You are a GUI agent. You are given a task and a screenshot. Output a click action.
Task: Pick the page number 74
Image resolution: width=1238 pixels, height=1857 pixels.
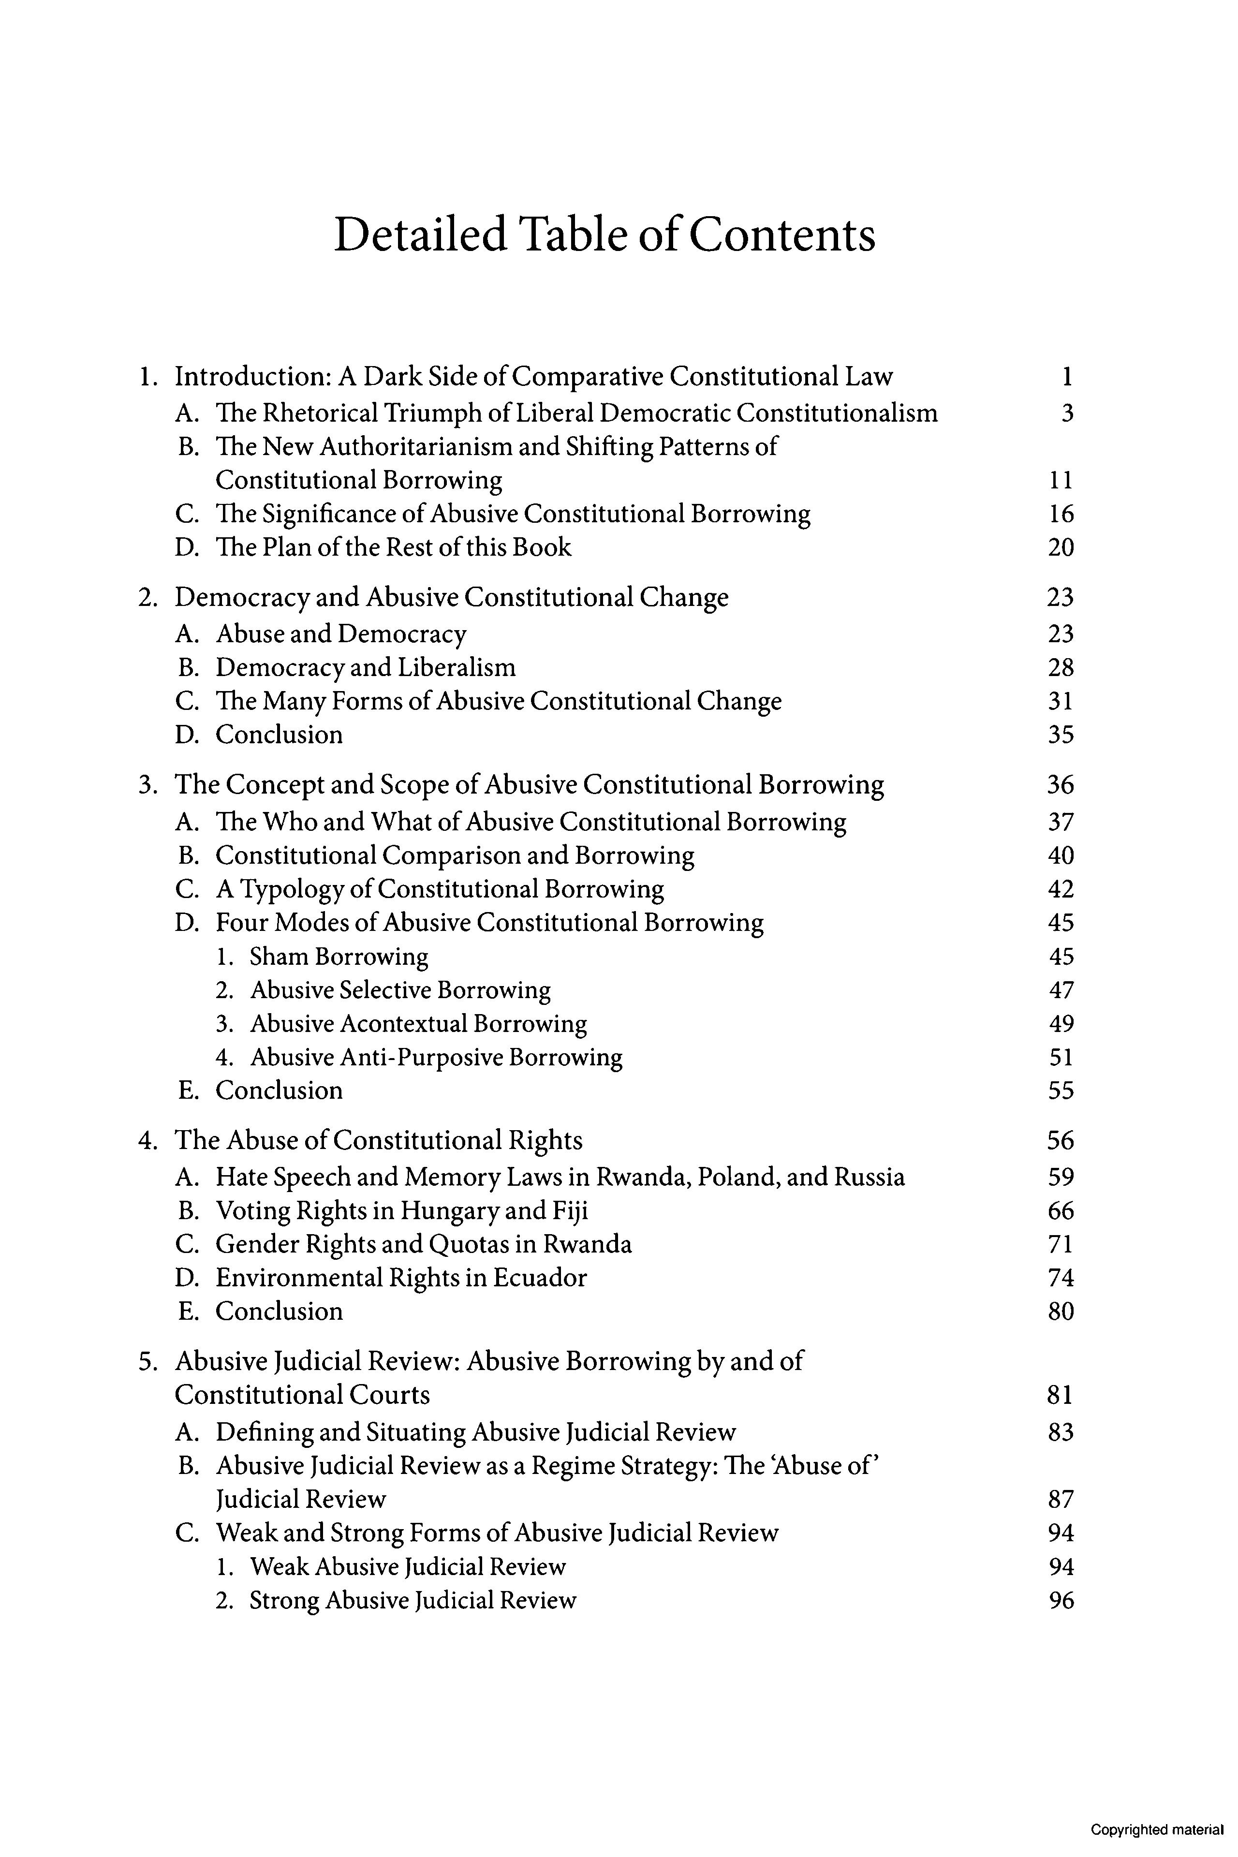(x=1061, y=1278)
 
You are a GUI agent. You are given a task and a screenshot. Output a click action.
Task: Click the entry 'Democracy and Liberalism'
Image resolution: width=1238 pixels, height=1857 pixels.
(x=366, y=667)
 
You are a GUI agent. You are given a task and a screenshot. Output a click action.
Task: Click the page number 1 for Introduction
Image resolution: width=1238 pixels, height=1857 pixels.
(x=1067, y=377)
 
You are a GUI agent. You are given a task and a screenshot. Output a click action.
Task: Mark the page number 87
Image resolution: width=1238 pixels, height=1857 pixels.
(x=1061, y=1499)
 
